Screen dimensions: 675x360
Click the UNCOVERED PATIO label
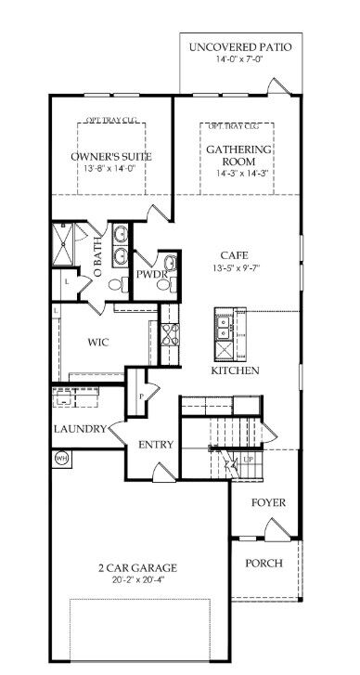[239, 46]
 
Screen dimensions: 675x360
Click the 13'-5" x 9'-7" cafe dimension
[234, 269]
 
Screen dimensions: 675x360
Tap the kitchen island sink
[223, 328]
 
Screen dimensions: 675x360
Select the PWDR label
[150, 275]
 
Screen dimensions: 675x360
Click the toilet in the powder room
[164, 288]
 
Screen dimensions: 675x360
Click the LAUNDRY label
[76, 429]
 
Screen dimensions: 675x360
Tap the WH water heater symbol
[63, 457]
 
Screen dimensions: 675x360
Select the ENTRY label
[156, 445]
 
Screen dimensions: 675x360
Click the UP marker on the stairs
[248, 460]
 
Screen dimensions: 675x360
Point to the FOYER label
[269, 502]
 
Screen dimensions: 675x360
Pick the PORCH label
[264, 564]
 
